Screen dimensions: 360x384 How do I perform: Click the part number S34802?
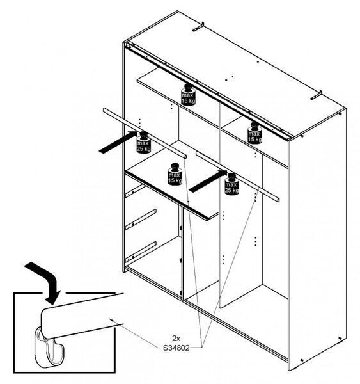tap(176, 348)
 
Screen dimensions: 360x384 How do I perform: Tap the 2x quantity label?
tap(176, 339)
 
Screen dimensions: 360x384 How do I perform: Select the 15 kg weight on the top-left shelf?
tap(188, 95)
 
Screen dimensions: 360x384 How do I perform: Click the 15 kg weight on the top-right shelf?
tap(254, 133)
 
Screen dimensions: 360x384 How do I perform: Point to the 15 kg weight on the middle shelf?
tap(175, 174)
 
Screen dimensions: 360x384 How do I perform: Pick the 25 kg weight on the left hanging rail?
tap(143, 143)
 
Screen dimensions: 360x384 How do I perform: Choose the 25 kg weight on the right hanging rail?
tap(231, 184)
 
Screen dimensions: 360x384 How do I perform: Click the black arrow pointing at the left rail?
tap(118, 143)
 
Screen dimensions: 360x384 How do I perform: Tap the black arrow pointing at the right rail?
tap(208, 181)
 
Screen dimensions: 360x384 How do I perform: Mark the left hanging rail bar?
tap(145, 133)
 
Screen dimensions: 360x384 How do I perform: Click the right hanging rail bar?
tap(237, 177)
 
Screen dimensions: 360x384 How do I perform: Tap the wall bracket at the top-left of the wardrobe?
tap(198, 27)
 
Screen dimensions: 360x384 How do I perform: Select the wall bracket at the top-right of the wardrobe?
tap(316, 95)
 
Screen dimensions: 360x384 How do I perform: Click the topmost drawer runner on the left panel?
tap(135, 191)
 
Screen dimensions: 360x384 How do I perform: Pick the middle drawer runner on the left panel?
tap(141, 220)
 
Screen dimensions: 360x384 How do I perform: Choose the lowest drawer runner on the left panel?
tap(141, 252)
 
